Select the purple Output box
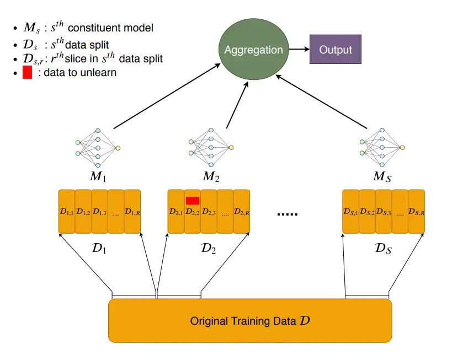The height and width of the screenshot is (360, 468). click(335, 50)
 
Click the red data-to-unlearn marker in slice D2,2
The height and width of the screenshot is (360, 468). click(193, 200)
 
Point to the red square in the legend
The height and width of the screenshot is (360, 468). click(27, 72)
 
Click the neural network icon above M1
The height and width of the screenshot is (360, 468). click(98, 147)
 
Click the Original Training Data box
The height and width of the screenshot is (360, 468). click(250, 320)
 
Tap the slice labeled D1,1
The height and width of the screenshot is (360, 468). click(66, 211)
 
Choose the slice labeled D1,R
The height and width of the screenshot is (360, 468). click(132, 211)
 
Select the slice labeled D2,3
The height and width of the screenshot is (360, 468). click(209, 211)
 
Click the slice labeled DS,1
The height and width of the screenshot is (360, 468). click(350, 211)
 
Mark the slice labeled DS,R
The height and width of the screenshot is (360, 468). click(416, 211)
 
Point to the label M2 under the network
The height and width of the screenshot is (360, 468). click(211, 178)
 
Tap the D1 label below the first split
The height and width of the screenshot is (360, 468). click(99, 249)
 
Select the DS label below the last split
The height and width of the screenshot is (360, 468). click(382, 249)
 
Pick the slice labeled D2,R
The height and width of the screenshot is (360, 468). click(242, 211)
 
